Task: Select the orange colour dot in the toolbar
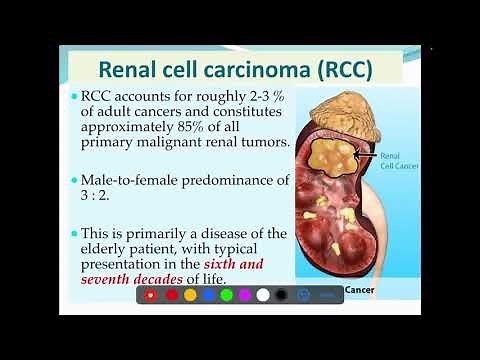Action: point(190,295)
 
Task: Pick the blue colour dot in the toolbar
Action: point(226,295)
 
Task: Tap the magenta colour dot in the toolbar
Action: point(244,295)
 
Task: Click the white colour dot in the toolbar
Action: point(263,295)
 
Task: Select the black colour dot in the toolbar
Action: point(281,295)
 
